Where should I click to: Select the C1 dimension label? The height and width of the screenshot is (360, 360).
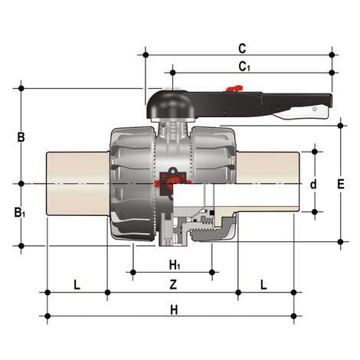[244, 66]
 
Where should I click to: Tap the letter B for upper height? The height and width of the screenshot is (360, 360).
[21, 138]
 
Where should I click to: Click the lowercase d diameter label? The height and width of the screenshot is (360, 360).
[313, 185]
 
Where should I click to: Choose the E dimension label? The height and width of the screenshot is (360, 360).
[342, 185]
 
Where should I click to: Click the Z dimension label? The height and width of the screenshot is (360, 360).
[173, 285]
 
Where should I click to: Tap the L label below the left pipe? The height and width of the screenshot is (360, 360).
[76, 285]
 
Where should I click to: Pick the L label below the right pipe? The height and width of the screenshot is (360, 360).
[264, 285]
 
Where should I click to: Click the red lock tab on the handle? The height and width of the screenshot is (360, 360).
[235, 93]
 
